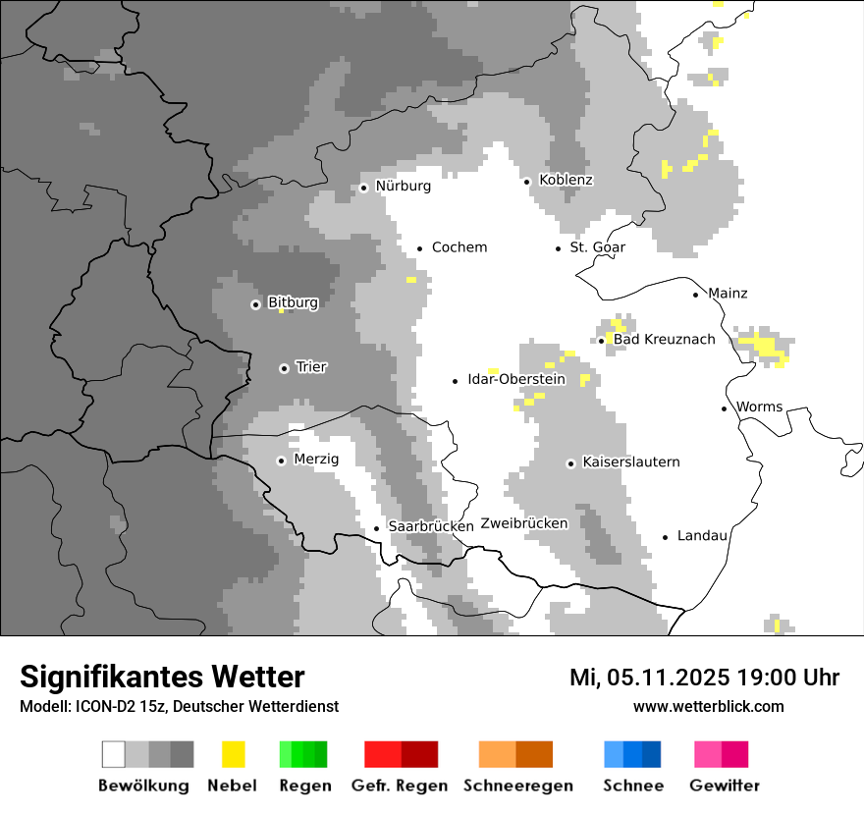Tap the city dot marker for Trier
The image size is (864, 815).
tap(284, 368)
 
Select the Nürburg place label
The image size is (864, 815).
tap(403, 186)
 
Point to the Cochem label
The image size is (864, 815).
tap(459, 247)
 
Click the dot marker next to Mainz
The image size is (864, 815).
tap(695, 295)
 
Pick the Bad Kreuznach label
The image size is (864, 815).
tap(664, 340)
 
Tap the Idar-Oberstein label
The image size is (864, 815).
tap(516, 379)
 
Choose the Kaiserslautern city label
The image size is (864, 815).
tap(630, 462)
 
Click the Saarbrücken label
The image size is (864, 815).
tap(430, 527)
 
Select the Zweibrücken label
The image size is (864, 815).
tap(523, 523)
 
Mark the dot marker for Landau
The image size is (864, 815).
tap(665, 537)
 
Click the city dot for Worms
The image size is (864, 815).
tap(724, 408)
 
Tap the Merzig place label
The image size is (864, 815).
tap(316, 460)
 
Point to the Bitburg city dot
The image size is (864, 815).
tap(255, 304)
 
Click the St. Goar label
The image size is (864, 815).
tap(597, 247)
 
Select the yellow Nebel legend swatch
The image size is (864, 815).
tap(233, 754)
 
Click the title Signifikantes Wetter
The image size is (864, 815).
tap(162, 678)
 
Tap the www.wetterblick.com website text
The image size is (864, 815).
tap(708, 706)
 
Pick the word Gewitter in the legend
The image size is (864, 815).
tap(724, 786)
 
